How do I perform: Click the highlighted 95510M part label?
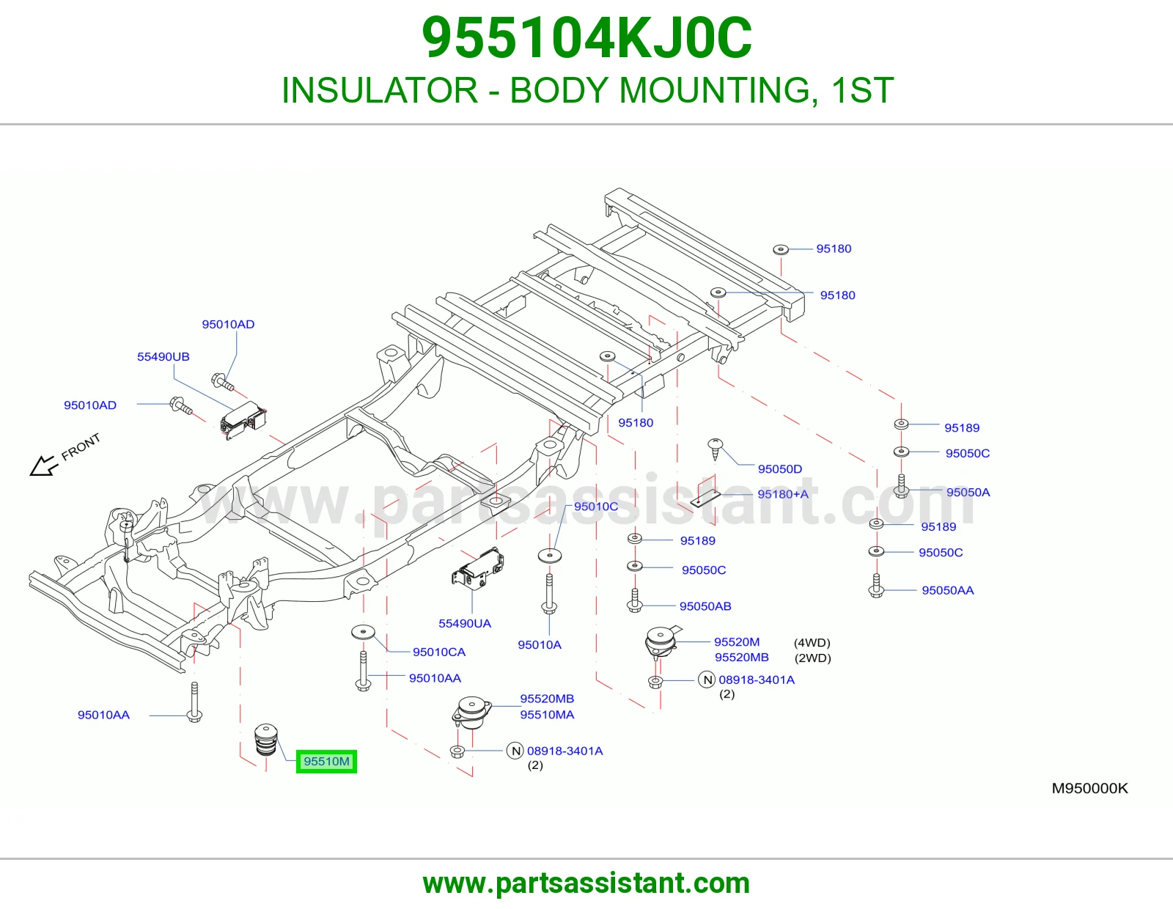pyautogui.click(x=326, y=761)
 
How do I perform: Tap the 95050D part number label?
pyautogui.click(x=779, y=468)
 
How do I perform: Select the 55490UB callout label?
pyautogui.click(x=163, y=356)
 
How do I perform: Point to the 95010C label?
pyautogui.click(x=596, y=507)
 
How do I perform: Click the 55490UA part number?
pyautogui.click(x=464, y=623)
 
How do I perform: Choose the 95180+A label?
pyautogui.click(x=783, y=494)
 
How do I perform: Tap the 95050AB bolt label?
pyautogui.click(x=705, y=606)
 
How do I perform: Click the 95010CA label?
pyautogui.click(x=439, y=652)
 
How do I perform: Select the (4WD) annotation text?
pyautogui.click(x=812, y=642)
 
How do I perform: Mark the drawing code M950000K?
pyautogui.click(x=1089, y=788)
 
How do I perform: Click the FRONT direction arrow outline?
pyautogui.click(x=44, y=465)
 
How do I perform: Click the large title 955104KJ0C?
pyautogui.click(x=586, y=38)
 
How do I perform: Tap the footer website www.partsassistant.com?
pyautogui.click(x=586, y=883)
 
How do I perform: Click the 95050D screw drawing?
pyautogui.click(x=716, y=449)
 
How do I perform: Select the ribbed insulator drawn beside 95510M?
pyautogui.click(x=265, y=740)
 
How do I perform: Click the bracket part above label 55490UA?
pyautogui.click(x=478, y=567)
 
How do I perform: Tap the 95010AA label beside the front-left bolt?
pyautogui.click(x=103, y=715)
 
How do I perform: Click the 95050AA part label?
pyautogui.click(x=947, y=590)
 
